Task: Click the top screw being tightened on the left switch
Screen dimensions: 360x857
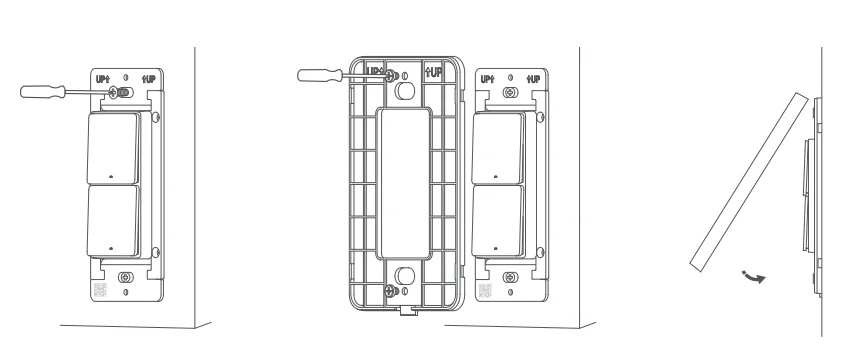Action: click(122, 91)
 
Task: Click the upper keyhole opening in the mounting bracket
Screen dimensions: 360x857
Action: click(405, 88)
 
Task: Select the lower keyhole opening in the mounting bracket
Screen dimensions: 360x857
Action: click(405, 277)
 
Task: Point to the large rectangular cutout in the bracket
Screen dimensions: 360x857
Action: click(404, 182)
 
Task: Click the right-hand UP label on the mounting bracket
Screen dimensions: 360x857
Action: click(434, 73)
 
